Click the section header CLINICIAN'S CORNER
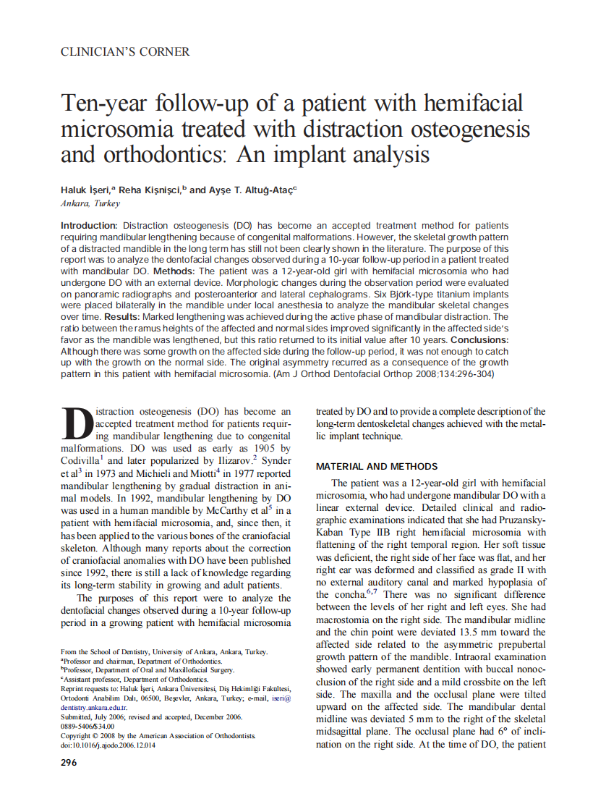[125, 52]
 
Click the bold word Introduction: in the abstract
[90, 226]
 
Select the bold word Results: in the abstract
[125, 317]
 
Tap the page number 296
[69, 763]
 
